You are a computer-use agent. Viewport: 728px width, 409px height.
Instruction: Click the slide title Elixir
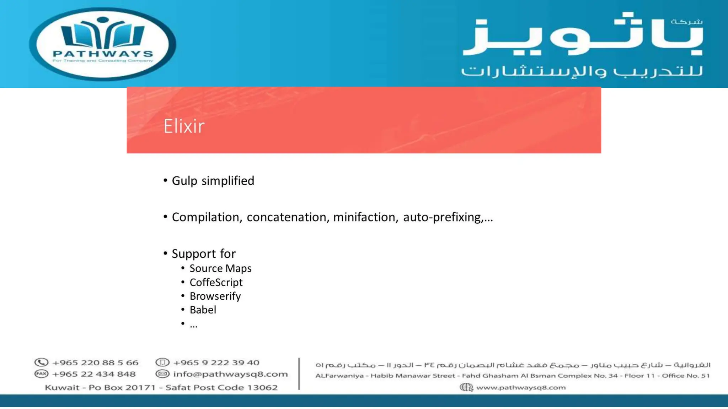point(184,126)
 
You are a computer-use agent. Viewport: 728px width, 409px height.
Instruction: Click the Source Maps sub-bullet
point(220,268)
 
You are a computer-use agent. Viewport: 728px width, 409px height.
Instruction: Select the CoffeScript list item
point(216,282)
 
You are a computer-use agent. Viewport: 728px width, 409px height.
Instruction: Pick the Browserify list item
point(215,296)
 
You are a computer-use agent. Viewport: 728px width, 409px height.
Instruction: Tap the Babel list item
point(203,310)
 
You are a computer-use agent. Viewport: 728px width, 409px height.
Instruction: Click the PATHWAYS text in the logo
point(103,54)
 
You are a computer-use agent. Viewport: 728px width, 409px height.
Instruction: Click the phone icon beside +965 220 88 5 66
point(41,362)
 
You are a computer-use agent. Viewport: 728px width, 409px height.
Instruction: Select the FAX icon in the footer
point(41,374)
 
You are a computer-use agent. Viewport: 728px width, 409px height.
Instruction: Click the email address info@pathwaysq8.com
point(230,374)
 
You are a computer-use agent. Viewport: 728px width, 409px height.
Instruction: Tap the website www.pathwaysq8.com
point(521,387)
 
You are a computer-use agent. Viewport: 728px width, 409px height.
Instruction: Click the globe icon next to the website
point(466,387)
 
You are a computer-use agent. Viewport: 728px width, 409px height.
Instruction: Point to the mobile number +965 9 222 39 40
point(216,362)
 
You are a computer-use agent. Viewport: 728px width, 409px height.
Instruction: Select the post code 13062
point(262,387)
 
